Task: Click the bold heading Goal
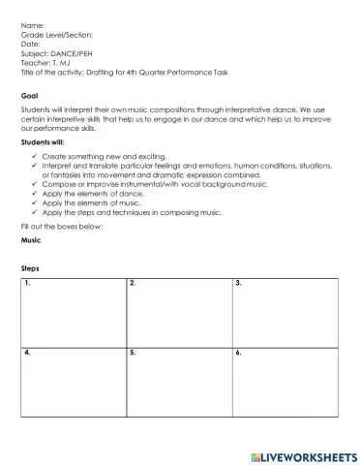pos(29,96)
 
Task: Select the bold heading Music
pos(31,241)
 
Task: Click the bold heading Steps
pos(31,267)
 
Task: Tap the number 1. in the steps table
pos(28,283)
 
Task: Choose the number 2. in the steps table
pos(132,283)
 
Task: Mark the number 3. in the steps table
pos(238,283)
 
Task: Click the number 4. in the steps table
pos(28,353)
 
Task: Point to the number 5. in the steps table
pos(132,353)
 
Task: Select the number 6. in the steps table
pos(238,353)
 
